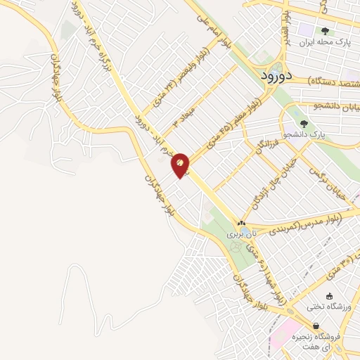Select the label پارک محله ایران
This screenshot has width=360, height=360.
[324, 43]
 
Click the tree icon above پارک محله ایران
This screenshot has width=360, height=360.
[325, 30]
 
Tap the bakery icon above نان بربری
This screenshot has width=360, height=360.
[242, 222]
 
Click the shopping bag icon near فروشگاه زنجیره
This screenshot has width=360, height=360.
[316, 326]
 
